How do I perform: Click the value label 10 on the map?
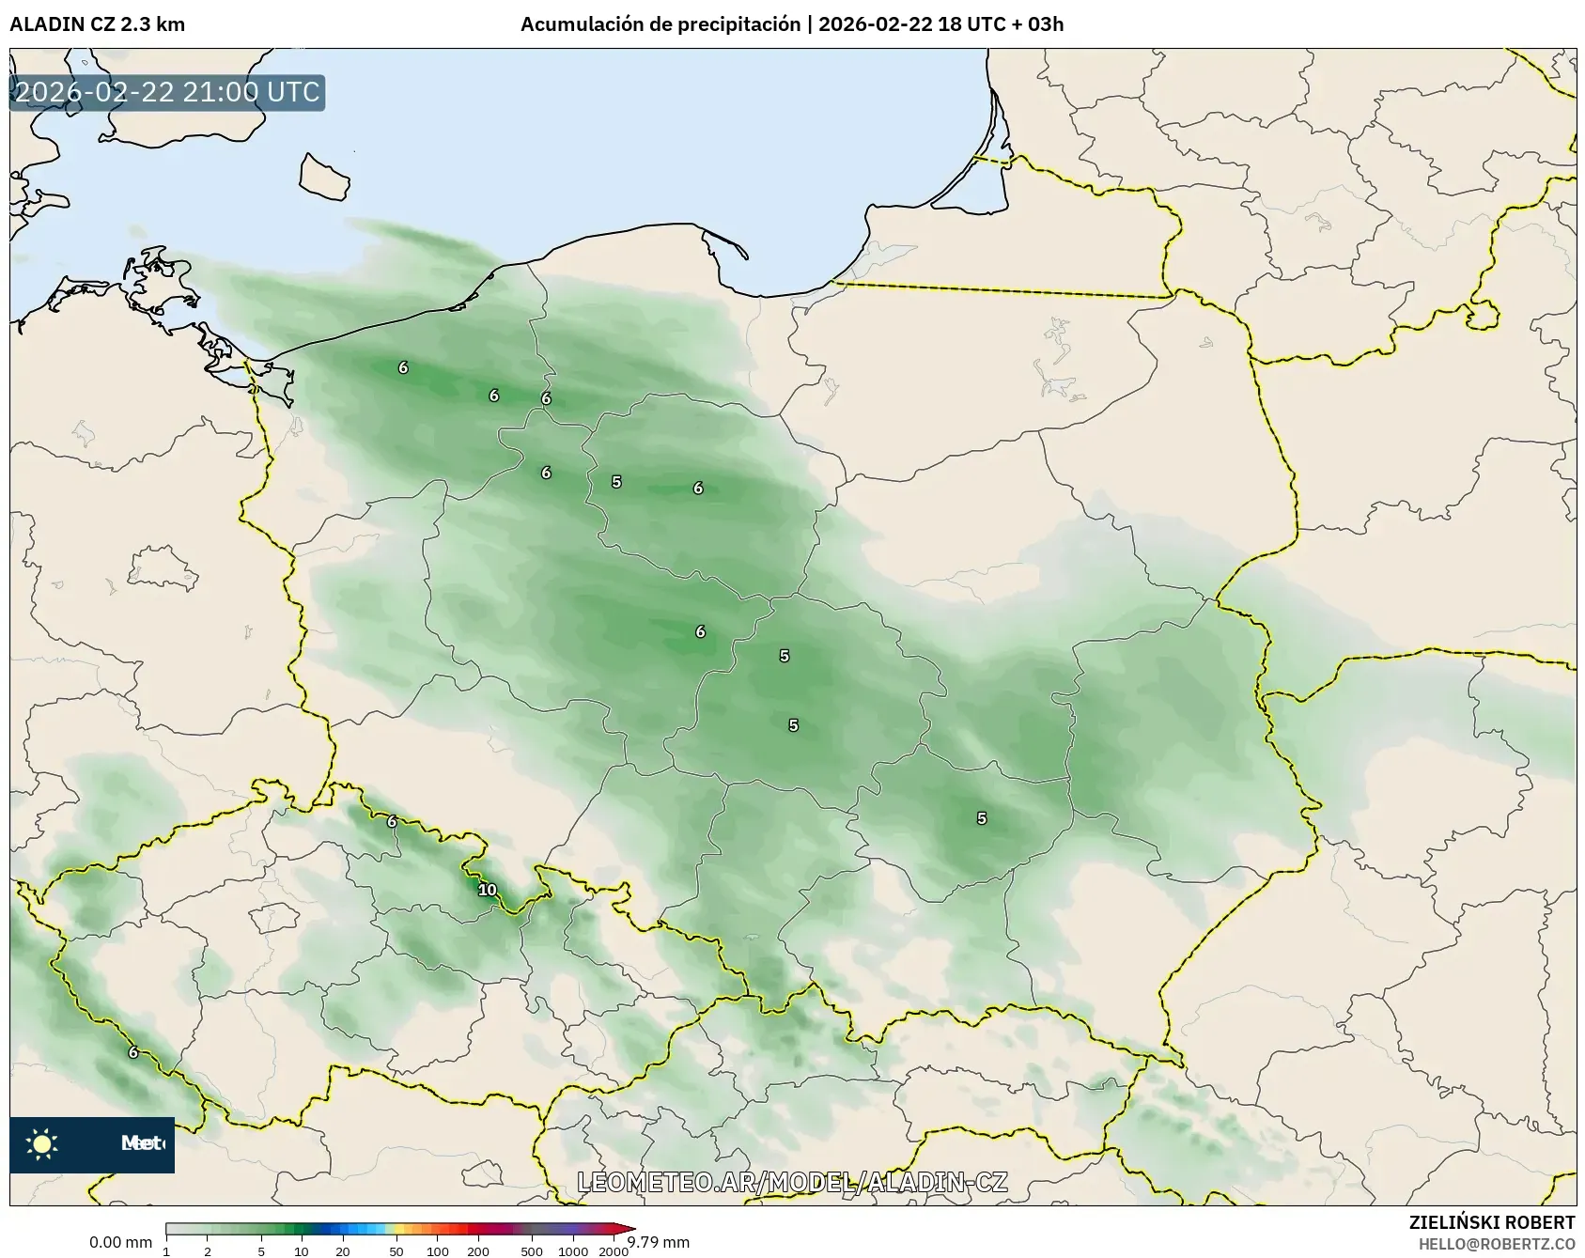tap(487, 890)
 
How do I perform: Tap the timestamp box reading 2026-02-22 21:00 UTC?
tap(167, 92)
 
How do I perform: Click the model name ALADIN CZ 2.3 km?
tap(97, 24)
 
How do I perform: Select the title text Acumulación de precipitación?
tap(660, 24)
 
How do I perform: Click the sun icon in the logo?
tap(41, 1143)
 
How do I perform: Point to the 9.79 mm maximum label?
tap(659, 1242)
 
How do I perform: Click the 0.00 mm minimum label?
tap(120, 1242)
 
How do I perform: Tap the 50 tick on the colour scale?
tap(396, 1251)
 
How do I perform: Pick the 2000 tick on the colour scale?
tap(614, 1251)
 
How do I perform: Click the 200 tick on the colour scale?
tap(478, 1251)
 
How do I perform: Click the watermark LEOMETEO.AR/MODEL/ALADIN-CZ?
tap(792, 1182)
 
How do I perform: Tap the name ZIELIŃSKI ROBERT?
tap(1492, 1222)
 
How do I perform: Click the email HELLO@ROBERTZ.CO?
tap(1497, 1244)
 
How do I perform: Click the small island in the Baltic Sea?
tap(324, 177)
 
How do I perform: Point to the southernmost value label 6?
tap(133, 1052)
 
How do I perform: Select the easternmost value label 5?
tap(981, 818)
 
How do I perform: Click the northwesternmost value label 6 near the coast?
tap(403, 367)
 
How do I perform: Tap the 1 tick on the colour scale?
tap(166, 1251)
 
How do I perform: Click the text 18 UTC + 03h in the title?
tap(1001, 24)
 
